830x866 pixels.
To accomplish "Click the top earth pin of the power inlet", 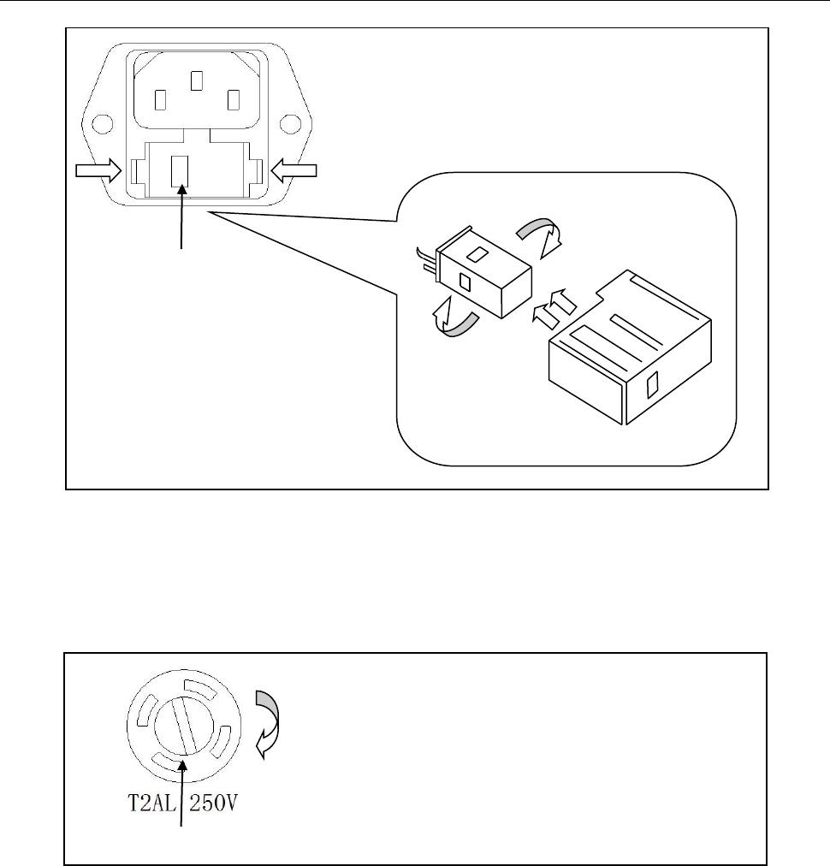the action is (197, 80).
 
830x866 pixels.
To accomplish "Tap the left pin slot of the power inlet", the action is (160, 100).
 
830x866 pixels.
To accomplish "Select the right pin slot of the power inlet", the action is (234, 100).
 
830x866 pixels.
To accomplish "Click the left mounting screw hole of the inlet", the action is (102, 124).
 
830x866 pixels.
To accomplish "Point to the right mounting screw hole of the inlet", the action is (290, 124).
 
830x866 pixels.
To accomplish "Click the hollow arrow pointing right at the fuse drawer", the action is (98, 170).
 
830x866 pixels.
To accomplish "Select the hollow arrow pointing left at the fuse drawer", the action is (293, 170).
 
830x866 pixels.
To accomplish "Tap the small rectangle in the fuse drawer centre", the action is (180, 171).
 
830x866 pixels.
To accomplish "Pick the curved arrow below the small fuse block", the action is (455, 317).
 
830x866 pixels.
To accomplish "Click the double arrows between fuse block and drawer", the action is (554, 309).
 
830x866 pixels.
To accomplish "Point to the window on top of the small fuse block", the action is (477, 254).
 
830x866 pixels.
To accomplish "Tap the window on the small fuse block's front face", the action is (465, 282).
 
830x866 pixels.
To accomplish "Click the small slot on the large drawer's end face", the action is (652, 385).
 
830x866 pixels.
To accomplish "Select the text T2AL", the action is (151, 803).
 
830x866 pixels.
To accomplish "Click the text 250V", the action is (213, 803).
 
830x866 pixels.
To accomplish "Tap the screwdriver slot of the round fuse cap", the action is (184, 725).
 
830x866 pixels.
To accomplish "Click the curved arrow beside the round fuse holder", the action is (267, 724).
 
